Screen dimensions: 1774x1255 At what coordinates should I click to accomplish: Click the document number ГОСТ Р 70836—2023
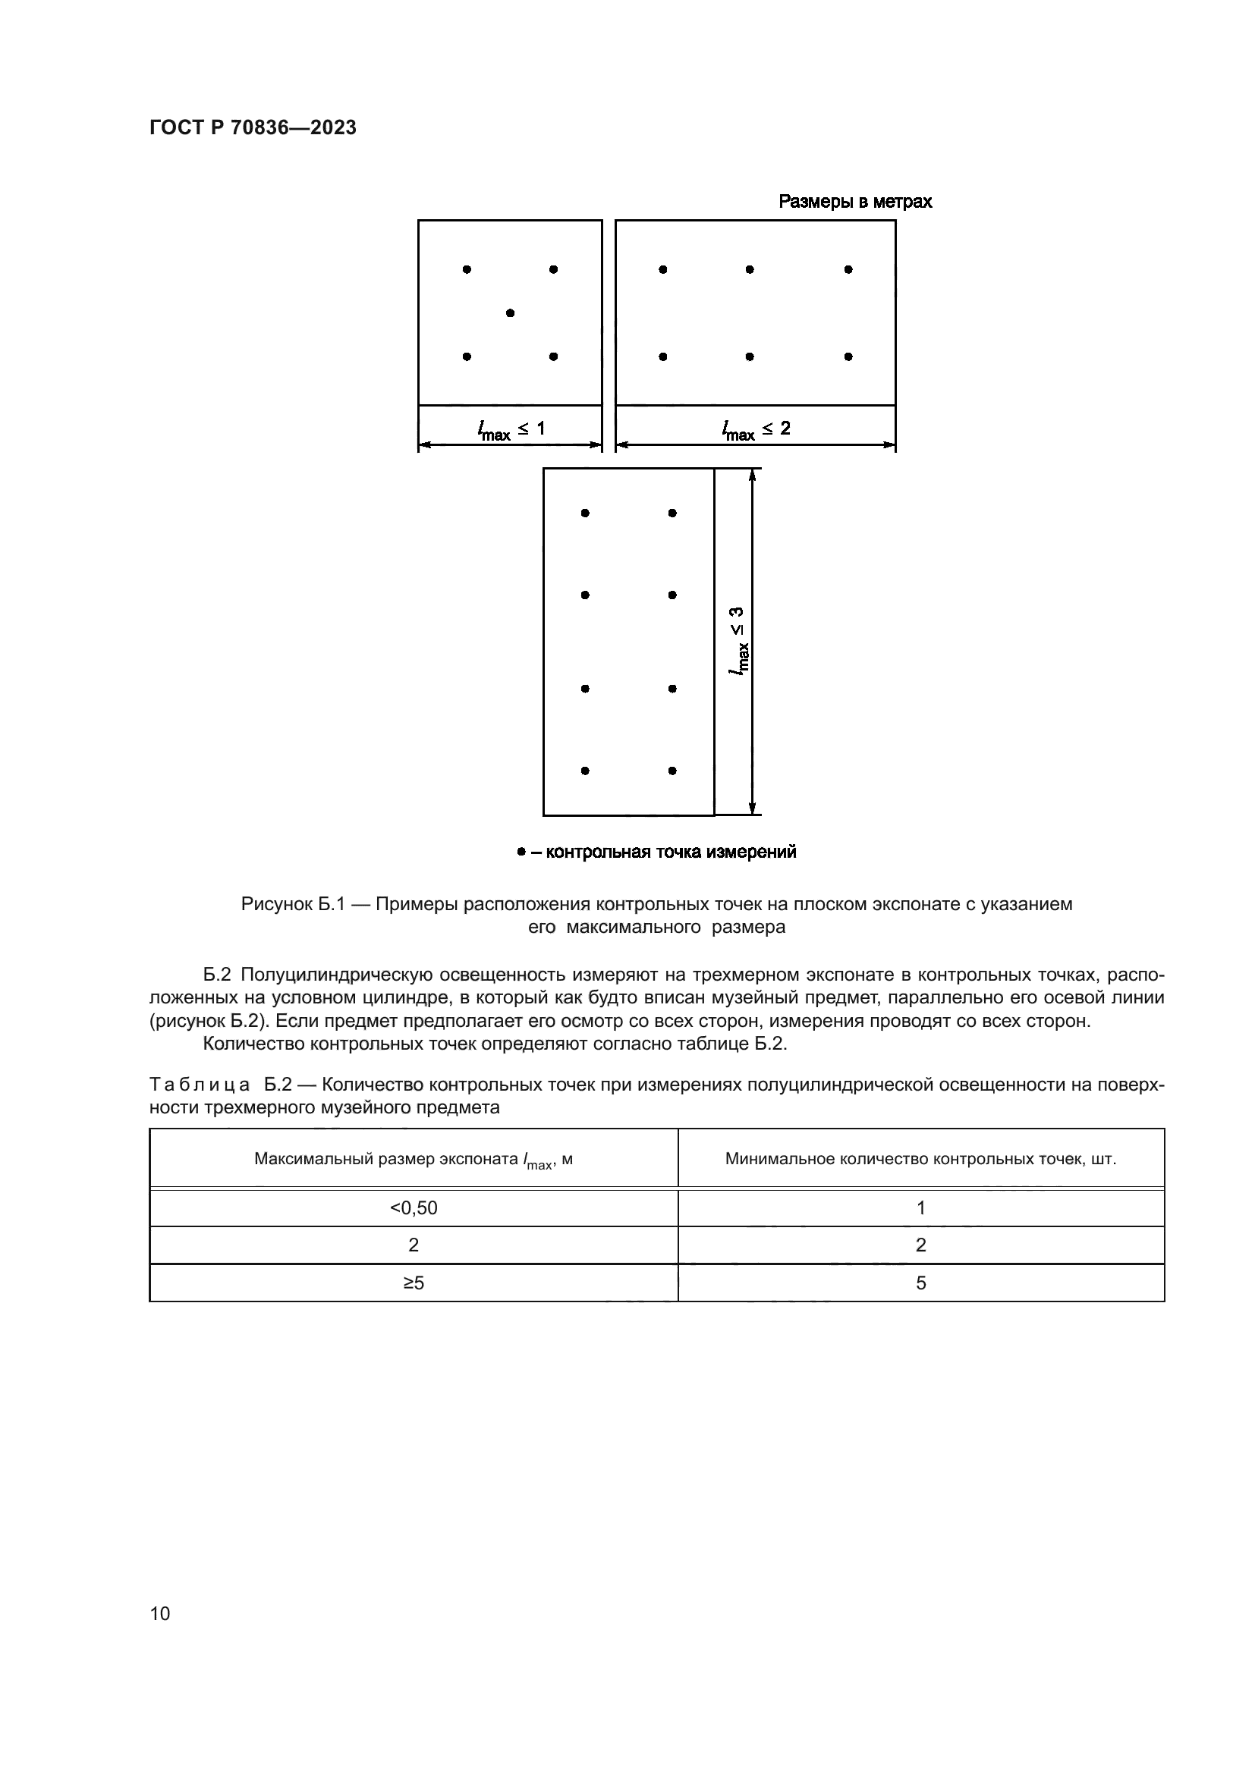pyautogui.click(x=253, y=127)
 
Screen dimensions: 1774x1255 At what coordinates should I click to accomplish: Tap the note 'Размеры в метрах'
pyautogui.click(x=854, y=202)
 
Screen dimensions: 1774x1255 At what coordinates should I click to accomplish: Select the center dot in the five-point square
pyautogui.click(x=510, y=313)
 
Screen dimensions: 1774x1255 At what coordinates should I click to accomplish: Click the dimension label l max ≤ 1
pyautogui.click(x=511, y=429)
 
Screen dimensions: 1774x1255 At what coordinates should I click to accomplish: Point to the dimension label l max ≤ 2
pyautogui.click(x=756, y=429)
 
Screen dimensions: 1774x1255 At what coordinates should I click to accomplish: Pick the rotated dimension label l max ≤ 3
pyautogui.click(x=738, y=641)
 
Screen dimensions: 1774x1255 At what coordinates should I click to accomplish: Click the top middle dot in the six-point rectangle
pyautogui.click(x=750, y=270)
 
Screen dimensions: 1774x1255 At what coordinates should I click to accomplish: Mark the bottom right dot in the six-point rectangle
pyautogui.click(x=848, y=356)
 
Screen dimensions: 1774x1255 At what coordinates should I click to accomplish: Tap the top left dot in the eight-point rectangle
pyautogui.click(x=585, y=513)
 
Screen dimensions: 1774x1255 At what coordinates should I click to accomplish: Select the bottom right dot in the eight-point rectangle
pyautogui.click(x=672, y=771)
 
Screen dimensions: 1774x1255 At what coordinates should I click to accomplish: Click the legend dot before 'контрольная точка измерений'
pyautogui.click(x=521, y=852)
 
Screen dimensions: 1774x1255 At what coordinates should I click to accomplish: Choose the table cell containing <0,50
pyautogui.click(x=414, y=1208)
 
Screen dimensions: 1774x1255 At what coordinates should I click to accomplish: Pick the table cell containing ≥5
pyautogui.click(x=414, y=1283)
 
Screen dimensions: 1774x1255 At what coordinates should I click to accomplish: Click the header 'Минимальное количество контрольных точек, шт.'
pyautogui.click(x=920, y=1159)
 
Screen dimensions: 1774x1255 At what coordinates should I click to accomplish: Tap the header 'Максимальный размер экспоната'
pyautogui.click(x=386, y=1159)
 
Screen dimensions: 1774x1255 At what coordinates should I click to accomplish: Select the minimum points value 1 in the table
pyautogui.click(x=920, y=1208)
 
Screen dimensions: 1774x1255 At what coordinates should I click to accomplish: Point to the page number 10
pyautogui.click(x=160, y=1613)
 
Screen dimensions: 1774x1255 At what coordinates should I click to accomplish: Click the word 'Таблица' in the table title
pyautogui.click(x=200, y=1085)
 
